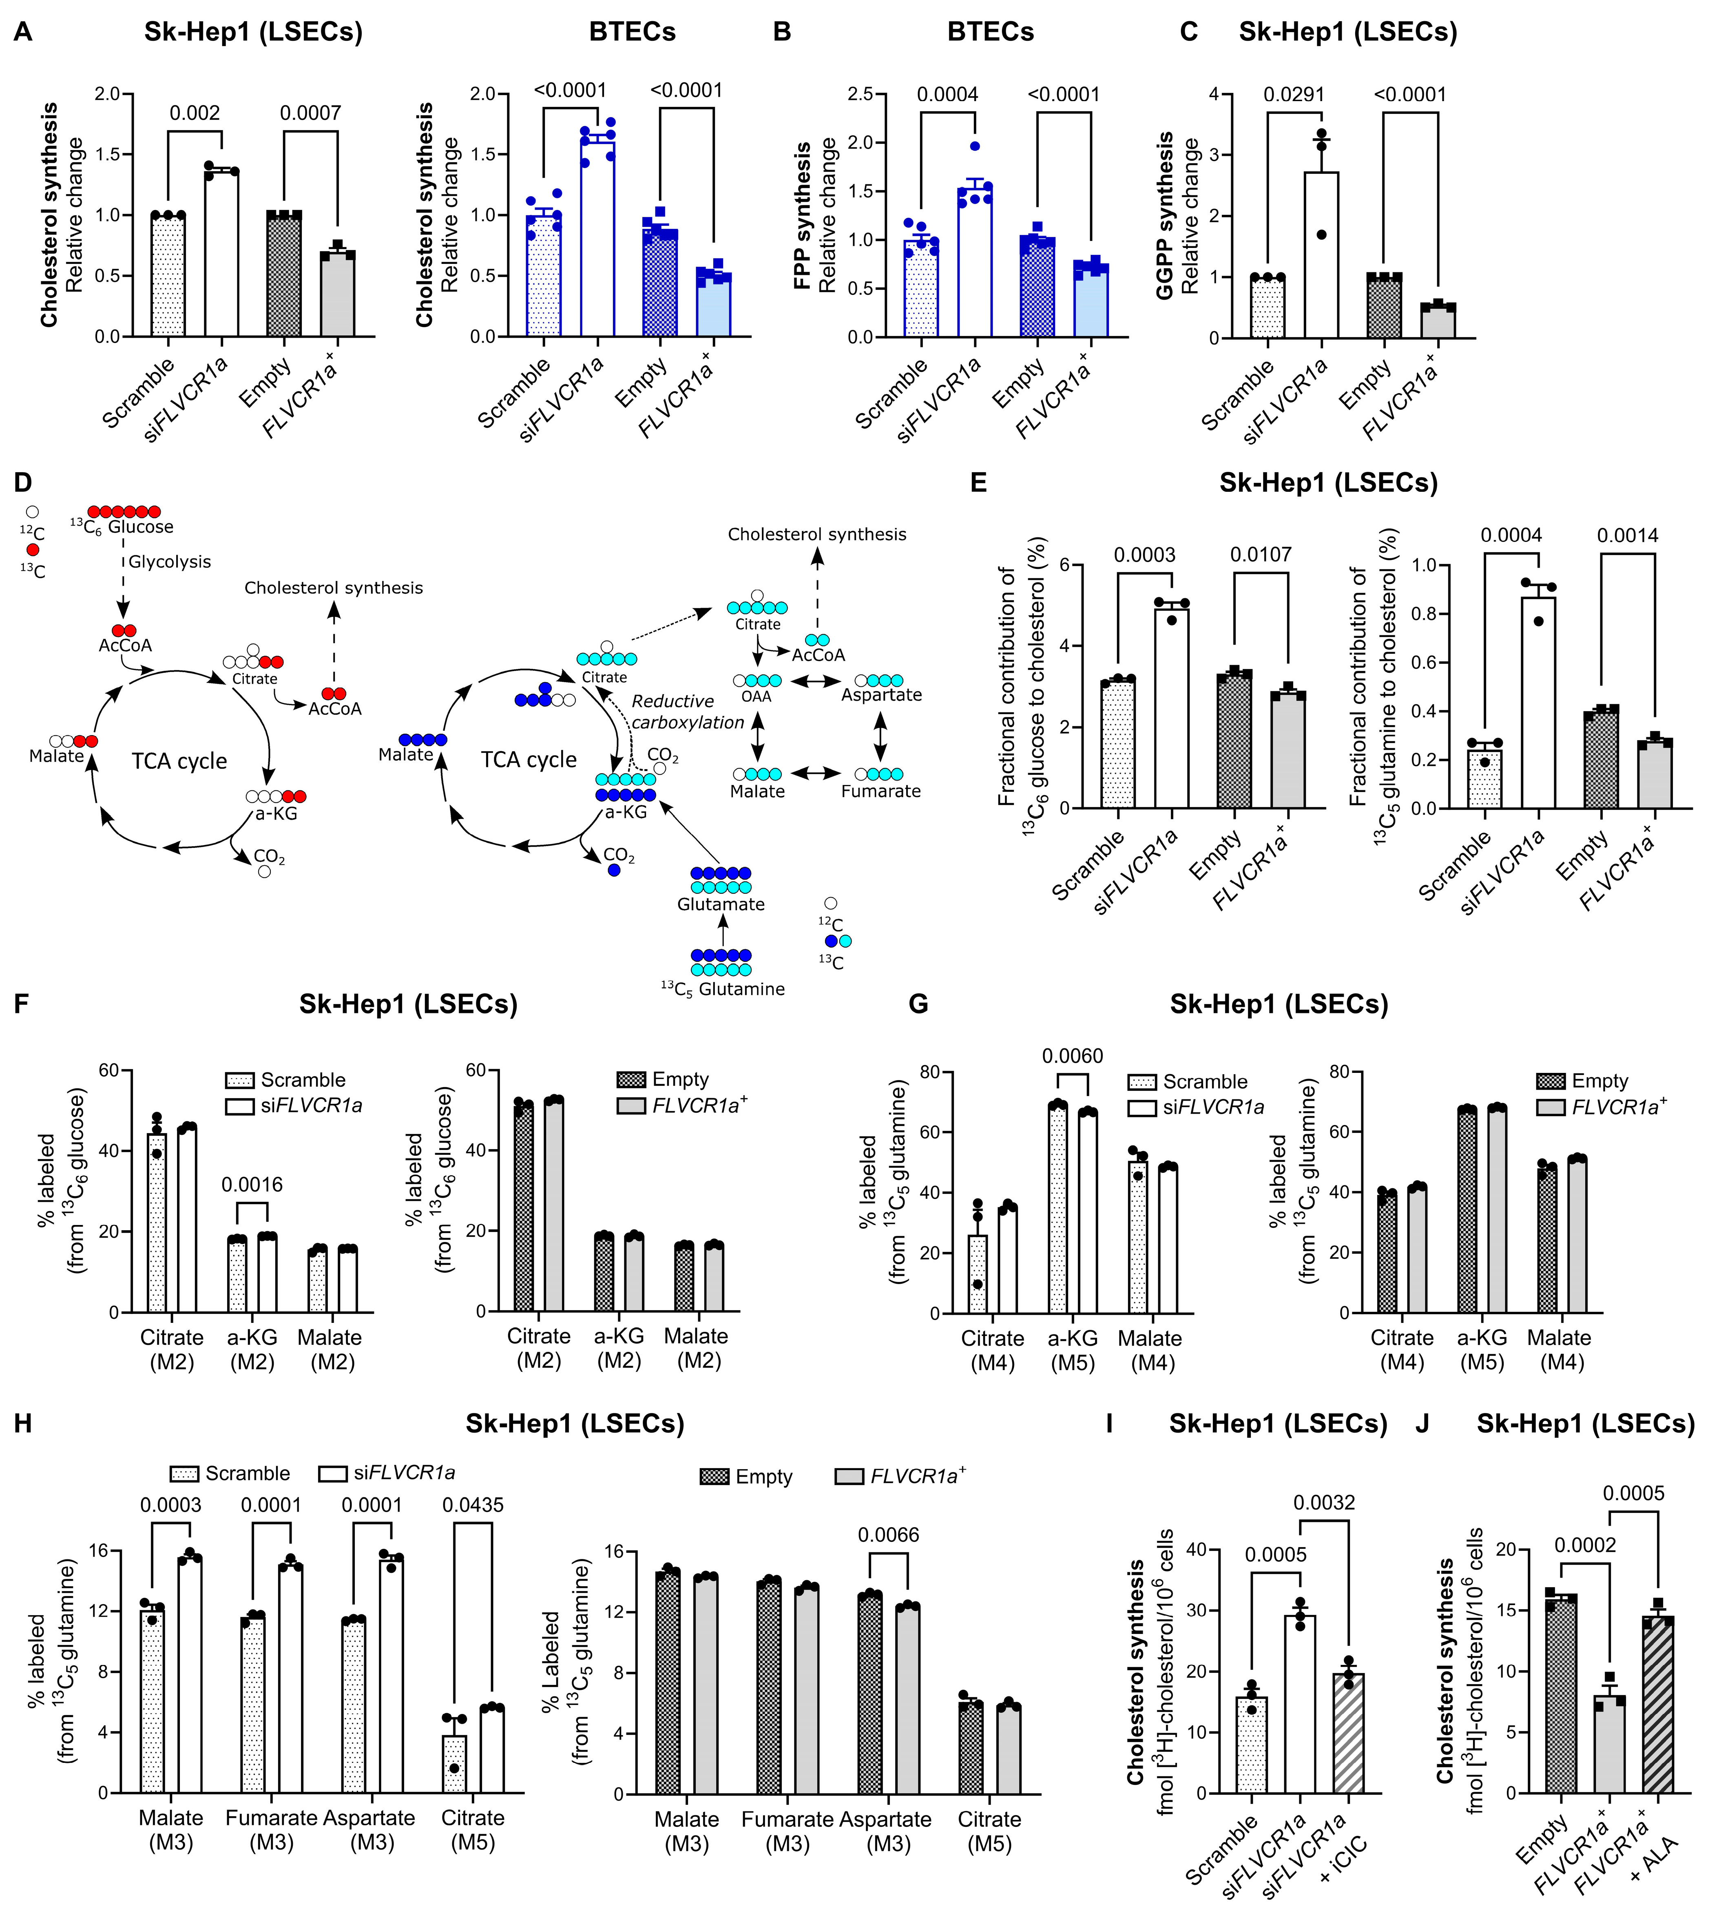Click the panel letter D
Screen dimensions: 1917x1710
[x=22, y=483]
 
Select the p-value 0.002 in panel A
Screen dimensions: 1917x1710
[x=195, y=114]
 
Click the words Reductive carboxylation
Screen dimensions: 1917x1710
[x=687, y=711]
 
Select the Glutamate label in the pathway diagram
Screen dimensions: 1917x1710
[x=721, y=904]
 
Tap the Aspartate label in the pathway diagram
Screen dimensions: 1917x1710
[x=881, y=695]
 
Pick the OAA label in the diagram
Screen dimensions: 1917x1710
[x=757, y=696]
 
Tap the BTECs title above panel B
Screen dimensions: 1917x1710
[x=990, y=32]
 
